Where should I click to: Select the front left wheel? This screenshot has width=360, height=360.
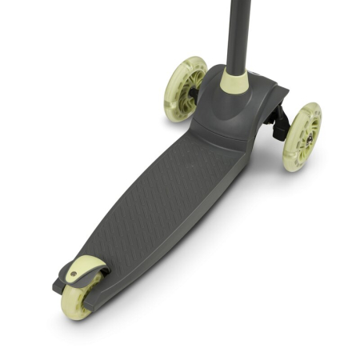[x=185, y=88]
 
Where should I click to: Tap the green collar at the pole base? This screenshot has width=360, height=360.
[x=234, y=80]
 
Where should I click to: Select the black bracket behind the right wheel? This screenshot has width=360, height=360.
[x=278, y=120]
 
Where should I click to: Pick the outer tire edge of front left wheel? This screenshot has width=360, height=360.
[x=172, y=100]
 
